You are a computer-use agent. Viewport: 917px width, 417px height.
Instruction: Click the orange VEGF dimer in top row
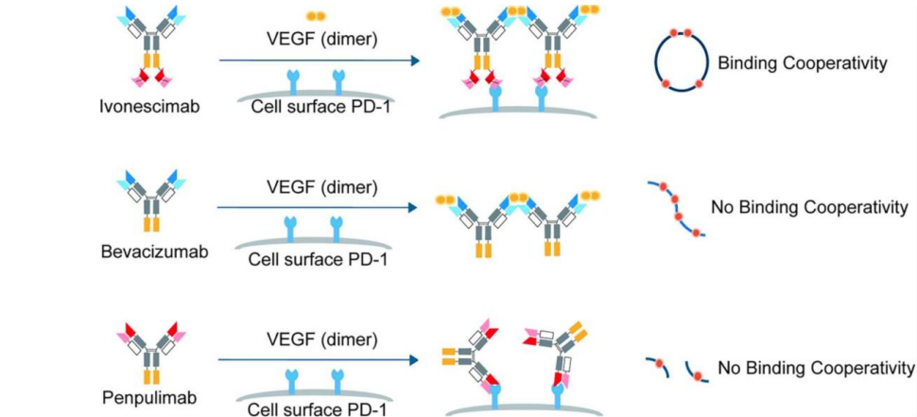315,16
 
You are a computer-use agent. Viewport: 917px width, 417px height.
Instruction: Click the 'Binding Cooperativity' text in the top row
801,64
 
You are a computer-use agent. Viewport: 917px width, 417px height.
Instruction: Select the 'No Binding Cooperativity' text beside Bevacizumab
809,207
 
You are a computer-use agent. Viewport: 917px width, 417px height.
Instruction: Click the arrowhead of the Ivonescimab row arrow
414,61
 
